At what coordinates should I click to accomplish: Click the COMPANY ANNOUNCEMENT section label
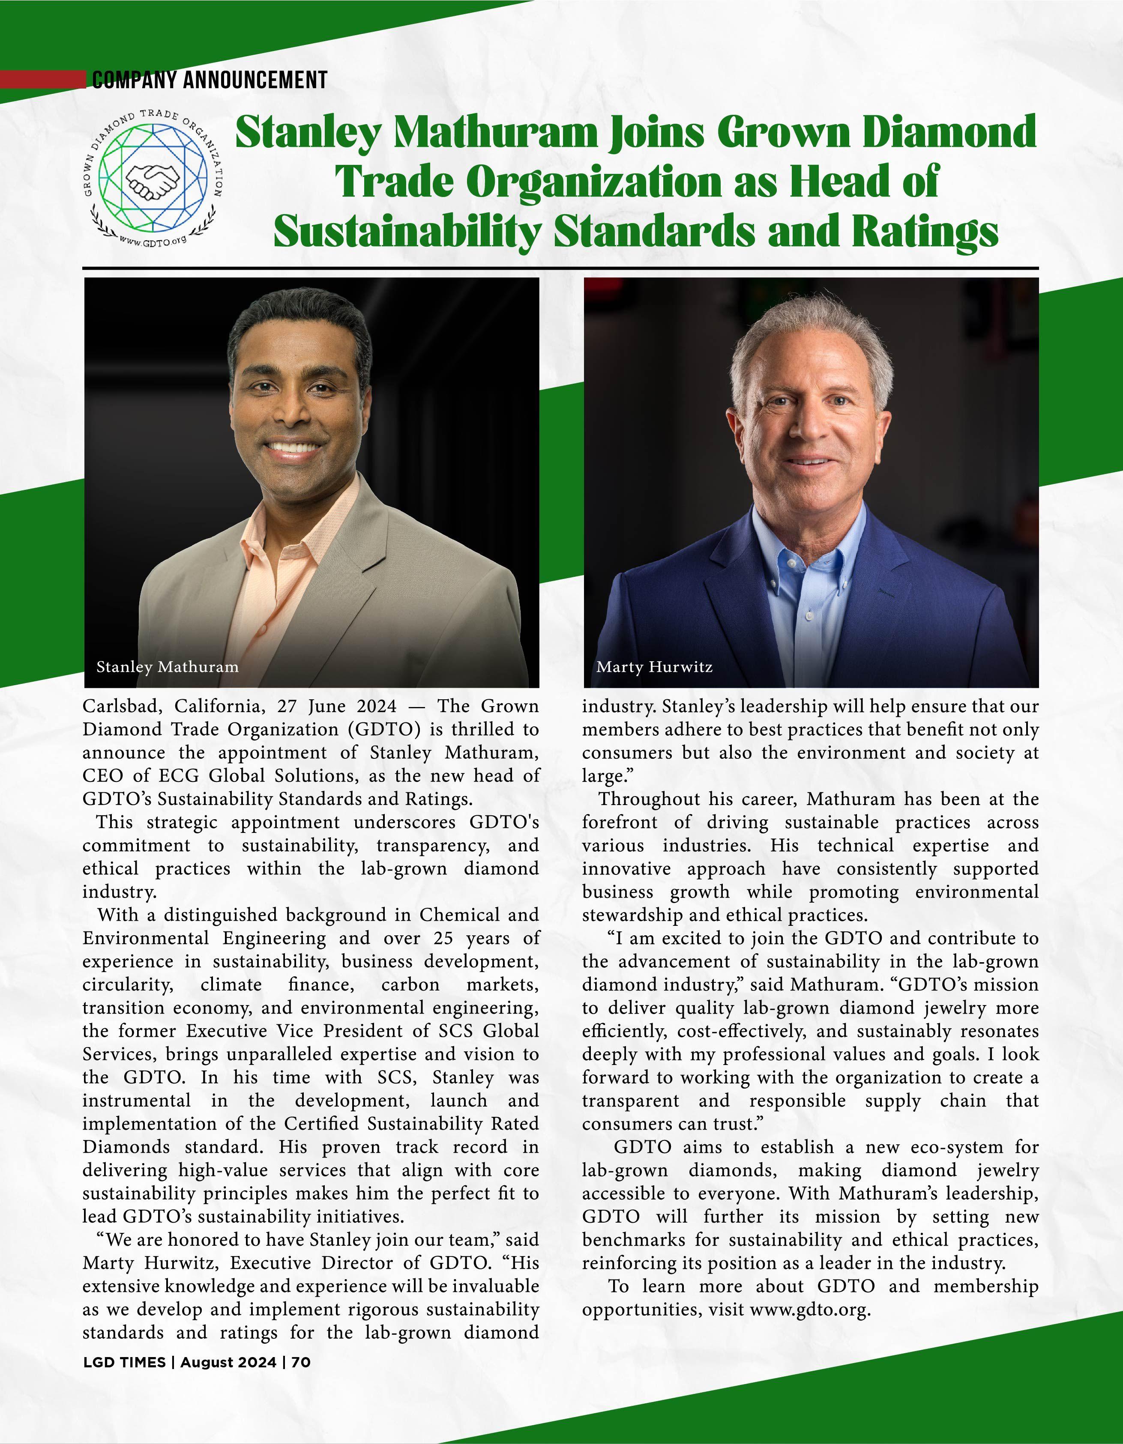coord(209,81)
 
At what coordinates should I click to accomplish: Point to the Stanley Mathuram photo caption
coord(168,666)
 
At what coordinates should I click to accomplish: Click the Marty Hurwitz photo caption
coord(654,666)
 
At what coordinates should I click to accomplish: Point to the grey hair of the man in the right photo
coord(810,331)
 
